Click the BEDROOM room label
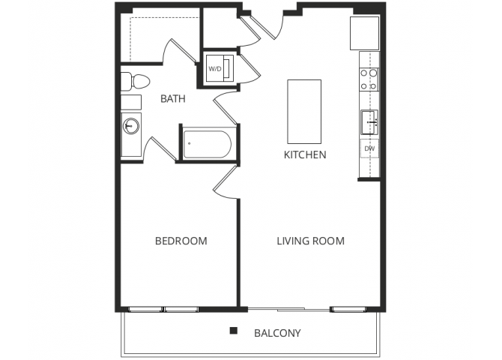point(181,241)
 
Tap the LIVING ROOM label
point(310,241)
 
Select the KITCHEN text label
point(304,155)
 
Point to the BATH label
point(173,98)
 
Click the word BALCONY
point(277,332)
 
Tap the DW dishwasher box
point(369,149)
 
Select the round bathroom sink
point(131,126)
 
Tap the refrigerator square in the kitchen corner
point(366,32)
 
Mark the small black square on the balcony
point(234,330)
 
